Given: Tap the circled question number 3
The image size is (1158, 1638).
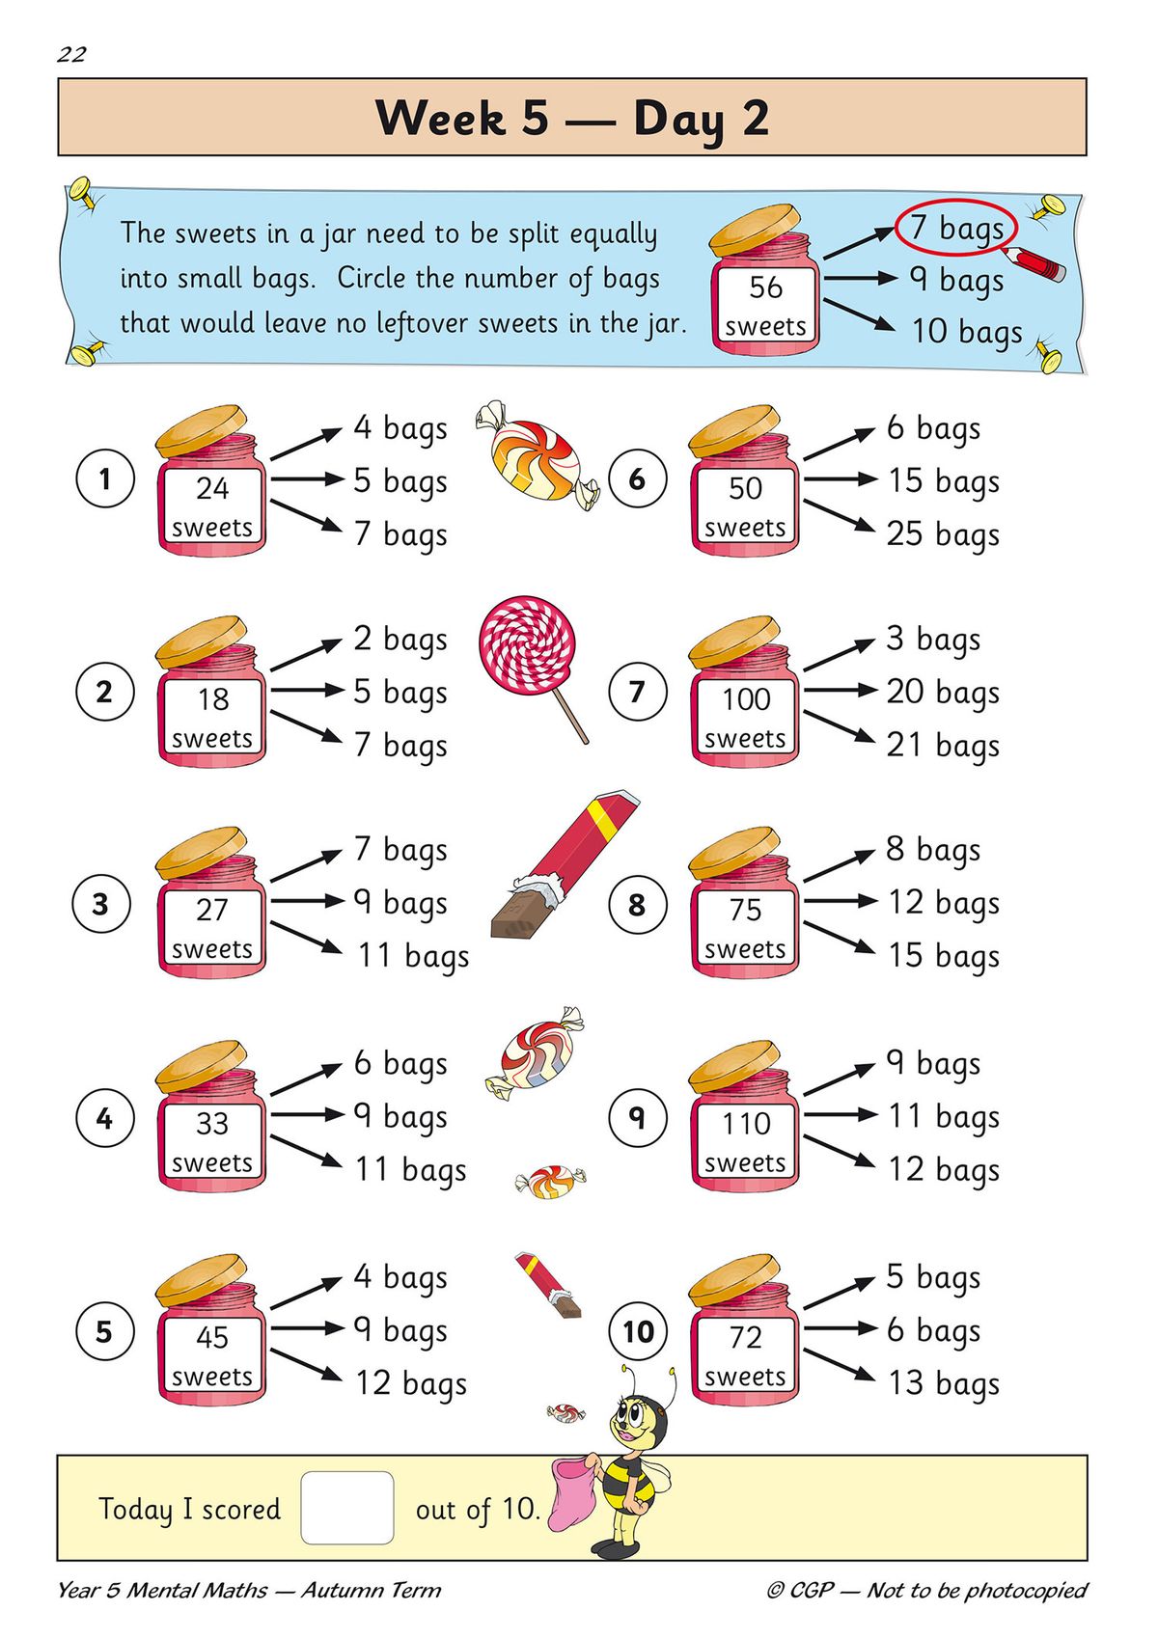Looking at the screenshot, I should [101, 905].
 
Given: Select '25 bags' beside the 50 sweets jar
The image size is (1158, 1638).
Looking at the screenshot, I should [943, 533].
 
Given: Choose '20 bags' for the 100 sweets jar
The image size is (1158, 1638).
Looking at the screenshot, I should [943, 692].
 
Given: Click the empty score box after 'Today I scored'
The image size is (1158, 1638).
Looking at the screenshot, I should [346, 1507].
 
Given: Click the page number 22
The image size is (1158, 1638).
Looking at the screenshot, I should [71, 54].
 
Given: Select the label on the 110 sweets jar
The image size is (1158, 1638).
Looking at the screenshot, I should [745, 1142].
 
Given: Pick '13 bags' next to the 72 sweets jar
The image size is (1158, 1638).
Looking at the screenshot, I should [943, 1383].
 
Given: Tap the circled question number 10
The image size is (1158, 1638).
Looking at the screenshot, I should [638, 1332].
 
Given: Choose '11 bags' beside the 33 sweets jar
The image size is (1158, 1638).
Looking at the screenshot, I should [410, 1169].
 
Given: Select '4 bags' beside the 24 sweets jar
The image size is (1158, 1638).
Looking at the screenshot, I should [400, 427].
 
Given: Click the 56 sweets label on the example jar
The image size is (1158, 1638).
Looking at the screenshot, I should [765, 305].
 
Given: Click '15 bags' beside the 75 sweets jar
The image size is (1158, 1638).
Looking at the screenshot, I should [943, 955].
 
